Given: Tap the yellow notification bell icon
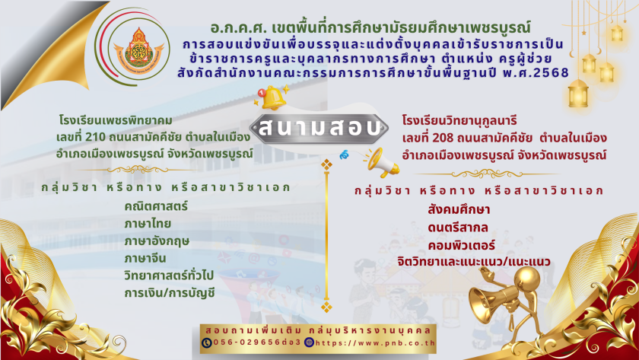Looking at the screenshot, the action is click(272, 98).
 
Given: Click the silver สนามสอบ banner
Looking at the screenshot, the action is click(318, 129).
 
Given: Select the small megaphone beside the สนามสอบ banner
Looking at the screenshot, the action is click(382, 163).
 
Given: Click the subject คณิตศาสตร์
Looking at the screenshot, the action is click(156, 206).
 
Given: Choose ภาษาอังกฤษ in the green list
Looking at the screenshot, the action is click(157, 241).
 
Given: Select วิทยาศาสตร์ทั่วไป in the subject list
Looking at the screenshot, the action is click(169, 276).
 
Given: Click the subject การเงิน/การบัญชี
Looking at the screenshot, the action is click(169, 293).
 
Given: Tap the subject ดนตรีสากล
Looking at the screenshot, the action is click(458, 228).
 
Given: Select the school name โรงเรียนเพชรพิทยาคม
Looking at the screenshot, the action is click(116, 121).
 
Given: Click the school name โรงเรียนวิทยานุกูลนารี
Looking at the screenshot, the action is click(459, 121).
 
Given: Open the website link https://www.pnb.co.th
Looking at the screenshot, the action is click(375, 343).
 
